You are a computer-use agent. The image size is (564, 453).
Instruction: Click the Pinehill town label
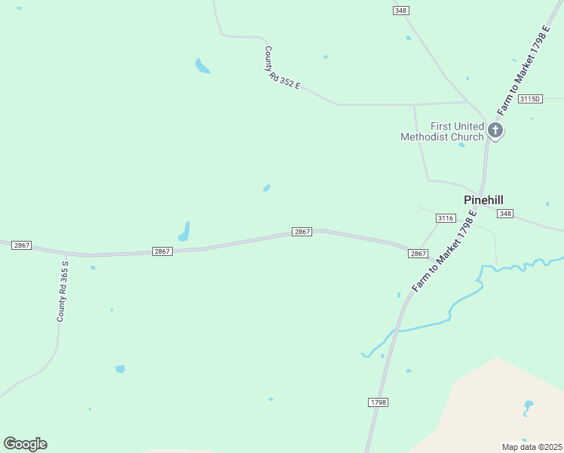coord(483,200)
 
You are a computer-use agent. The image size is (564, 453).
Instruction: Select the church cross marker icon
coord(495,131)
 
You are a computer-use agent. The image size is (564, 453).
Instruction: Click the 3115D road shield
coord(531,99)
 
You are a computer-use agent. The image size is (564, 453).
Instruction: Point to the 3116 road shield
coord(446,218)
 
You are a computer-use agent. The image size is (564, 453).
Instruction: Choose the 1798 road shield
coord(379,402)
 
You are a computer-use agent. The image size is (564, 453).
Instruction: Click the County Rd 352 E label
coord(282,69)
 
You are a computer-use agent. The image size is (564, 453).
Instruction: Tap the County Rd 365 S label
coord(63,291)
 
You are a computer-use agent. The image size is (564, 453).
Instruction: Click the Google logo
coord(25,444)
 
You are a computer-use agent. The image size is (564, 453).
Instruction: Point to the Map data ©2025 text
coord(532,447)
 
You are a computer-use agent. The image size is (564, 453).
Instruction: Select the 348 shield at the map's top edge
coord(400,10)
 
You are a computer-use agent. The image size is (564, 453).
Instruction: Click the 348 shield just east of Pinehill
coord(505,214)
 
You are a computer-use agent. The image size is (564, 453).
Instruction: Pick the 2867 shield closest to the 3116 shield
coord(418,254)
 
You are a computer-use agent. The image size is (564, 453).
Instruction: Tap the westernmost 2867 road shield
coord(21,245)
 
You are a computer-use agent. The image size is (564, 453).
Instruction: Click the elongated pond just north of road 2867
coord(184,231)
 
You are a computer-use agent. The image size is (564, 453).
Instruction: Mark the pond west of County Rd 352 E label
coord(201,66)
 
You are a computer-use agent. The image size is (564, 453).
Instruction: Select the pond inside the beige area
coord(528,406)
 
